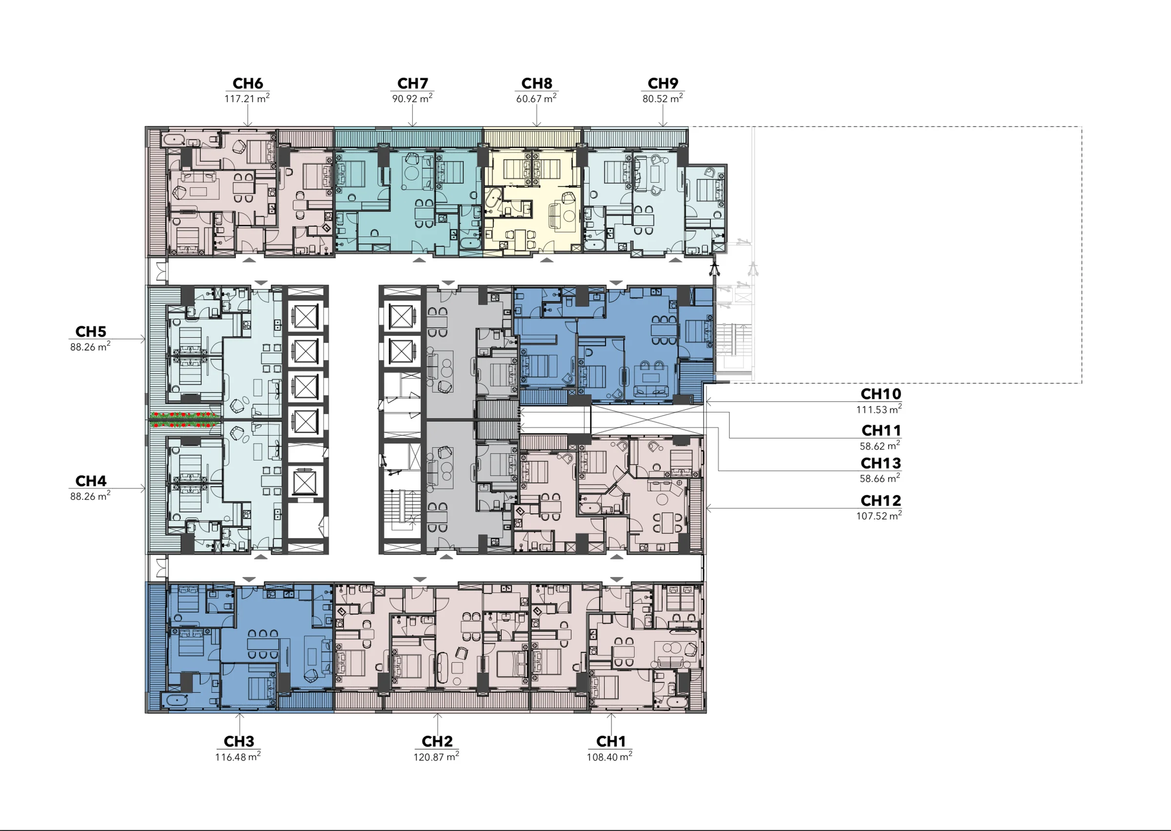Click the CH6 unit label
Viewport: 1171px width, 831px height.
click(x=247, y=83)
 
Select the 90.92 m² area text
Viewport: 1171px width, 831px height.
click(x=412, y=98)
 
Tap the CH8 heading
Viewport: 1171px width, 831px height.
click(x=536, y=83)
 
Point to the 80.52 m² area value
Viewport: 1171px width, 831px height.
click(x=662, y=98)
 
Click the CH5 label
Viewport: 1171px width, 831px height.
click(x=91, y=332)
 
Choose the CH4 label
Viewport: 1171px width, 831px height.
click(x=91, y=481)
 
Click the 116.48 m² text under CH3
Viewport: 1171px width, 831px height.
click(x=238, y=756)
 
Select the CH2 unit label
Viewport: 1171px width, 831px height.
click(x=437, y=742)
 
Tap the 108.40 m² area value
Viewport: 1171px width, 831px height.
click(x=609, y=756)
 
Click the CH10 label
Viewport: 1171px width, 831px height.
click(x=881, y=394)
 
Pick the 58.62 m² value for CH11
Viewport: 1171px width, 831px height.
click(x=880, y=446)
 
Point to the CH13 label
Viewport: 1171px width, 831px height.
click(x=881, y=463)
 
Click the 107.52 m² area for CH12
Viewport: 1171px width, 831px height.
click(x=879, y=516)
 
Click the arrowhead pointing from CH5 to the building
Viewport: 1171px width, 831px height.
click(x=143, y=339)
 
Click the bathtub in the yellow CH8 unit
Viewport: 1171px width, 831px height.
click(x=494, y=201)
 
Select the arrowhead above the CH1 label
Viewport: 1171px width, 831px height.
click(x=611, y=715)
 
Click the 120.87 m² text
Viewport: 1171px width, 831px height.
click(x=436, y=756)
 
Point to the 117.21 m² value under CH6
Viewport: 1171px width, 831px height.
click(x=247, y=98)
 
